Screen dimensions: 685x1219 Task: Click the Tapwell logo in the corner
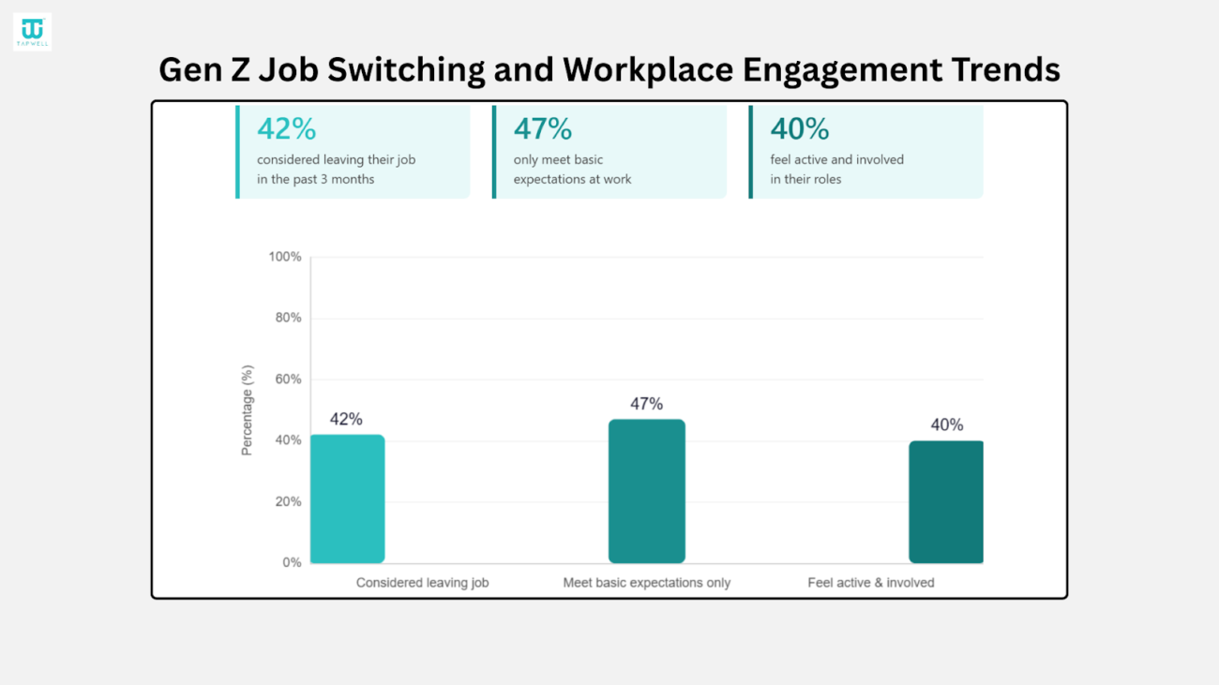tap(32, 32)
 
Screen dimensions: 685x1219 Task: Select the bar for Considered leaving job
tap(347, 499)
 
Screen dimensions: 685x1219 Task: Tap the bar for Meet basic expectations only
tap(646, 491)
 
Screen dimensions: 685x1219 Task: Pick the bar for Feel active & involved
tap(945, 501)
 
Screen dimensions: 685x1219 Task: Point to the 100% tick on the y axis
tap(285, 257)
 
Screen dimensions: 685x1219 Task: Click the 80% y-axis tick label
tap(288, 318)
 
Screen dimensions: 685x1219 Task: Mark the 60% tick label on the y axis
tap(288, 380)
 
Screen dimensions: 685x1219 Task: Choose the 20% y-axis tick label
tap(288, 501)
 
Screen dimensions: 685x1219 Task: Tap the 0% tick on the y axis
tap(292, 563)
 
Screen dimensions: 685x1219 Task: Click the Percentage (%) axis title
tap(248, 410)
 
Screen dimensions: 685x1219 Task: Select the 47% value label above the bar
tap(646, 404)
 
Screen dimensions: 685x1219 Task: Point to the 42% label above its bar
tap(346, 420)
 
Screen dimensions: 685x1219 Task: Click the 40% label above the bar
tap(946, 425)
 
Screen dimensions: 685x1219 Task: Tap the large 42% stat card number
tap(287, 128)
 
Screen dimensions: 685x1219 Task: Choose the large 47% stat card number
tap(543, 128)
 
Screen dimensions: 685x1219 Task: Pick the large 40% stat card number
tap(800, 128)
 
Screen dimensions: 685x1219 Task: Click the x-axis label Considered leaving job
tap(422, 583)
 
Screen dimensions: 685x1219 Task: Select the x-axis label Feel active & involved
tap(871, 583)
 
